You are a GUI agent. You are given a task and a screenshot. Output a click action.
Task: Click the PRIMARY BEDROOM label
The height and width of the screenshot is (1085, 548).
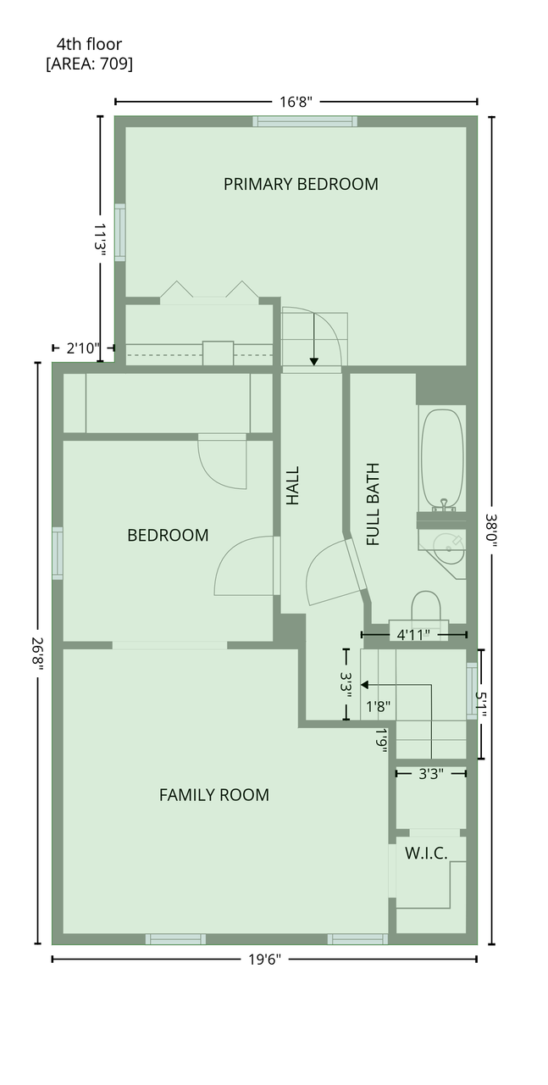[x=300, y=184]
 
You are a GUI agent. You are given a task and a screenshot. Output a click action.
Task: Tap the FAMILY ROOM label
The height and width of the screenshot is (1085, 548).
[x=214, y=795]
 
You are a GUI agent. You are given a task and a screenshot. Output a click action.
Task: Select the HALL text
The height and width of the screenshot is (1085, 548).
[x=293, y=486]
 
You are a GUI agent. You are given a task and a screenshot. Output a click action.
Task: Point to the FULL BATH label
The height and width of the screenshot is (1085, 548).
[x=373, y=504]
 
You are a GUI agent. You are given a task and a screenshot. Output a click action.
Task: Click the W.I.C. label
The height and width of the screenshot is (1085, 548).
[x=426, y=853]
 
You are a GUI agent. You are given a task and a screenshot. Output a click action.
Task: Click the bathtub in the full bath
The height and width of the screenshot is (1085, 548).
[x=441, y=459]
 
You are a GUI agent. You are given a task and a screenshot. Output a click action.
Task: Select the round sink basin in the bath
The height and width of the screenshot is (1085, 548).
[x=448, y=548]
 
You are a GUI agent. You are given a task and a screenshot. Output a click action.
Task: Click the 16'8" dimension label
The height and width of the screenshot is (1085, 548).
[x=296, y=103]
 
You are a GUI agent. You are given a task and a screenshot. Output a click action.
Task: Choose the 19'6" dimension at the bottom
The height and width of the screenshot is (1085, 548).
[x=265, y=960]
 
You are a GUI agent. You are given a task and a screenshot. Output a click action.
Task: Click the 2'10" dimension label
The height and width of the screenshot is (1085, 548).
[x=83, y=348]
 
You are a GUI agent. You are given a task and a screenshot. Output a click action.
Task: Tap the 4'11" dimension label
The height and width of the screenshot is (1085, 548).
[x=413, y=635]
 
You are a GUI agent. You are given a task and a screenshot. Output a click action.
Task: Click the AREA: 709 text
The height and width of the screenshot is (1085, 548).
[x=89, y=64]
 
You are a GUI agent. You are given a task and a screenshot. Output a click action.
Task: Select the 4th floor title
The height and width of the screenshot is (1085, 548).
[x=89, y=44]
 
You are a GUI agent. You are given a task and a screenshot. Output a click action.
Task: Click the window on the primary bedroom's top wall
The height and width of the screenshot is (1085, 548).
[x=305, y=121]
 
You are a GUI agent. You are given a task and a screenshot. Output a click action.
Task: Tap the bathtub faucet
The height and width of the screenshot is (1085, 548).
[x=444, y=504]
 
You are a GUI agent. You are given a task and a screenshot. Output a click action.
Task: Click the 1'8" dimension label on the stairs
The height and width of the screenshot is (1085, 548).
[x=378, y=707]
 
